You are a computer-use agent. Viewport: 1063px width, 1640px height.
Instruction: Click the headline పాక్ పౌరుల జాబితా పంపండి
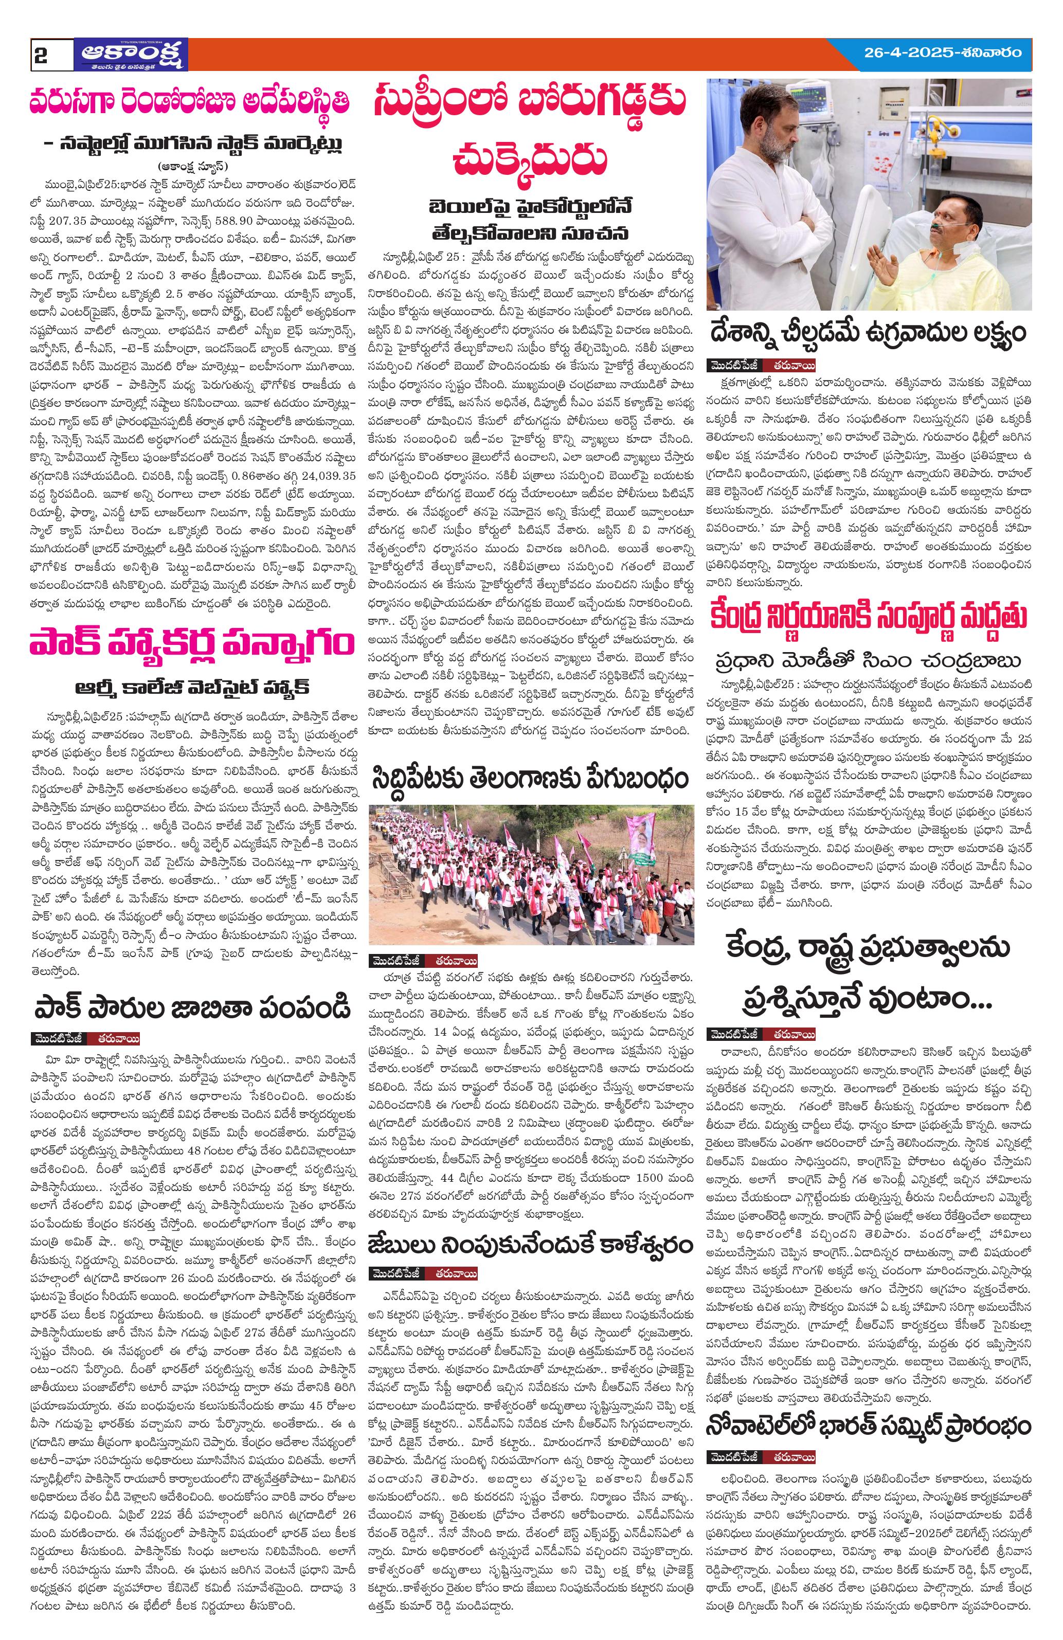(191, 1007)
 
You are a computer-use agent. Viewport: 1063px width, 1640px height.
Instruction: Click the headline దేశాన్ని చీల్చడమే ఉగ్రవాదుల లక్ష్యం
(866, 332)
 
